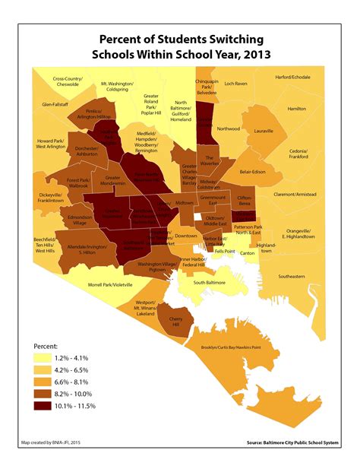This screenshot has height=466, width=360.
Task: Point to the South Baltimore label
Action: coord(212,282)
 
